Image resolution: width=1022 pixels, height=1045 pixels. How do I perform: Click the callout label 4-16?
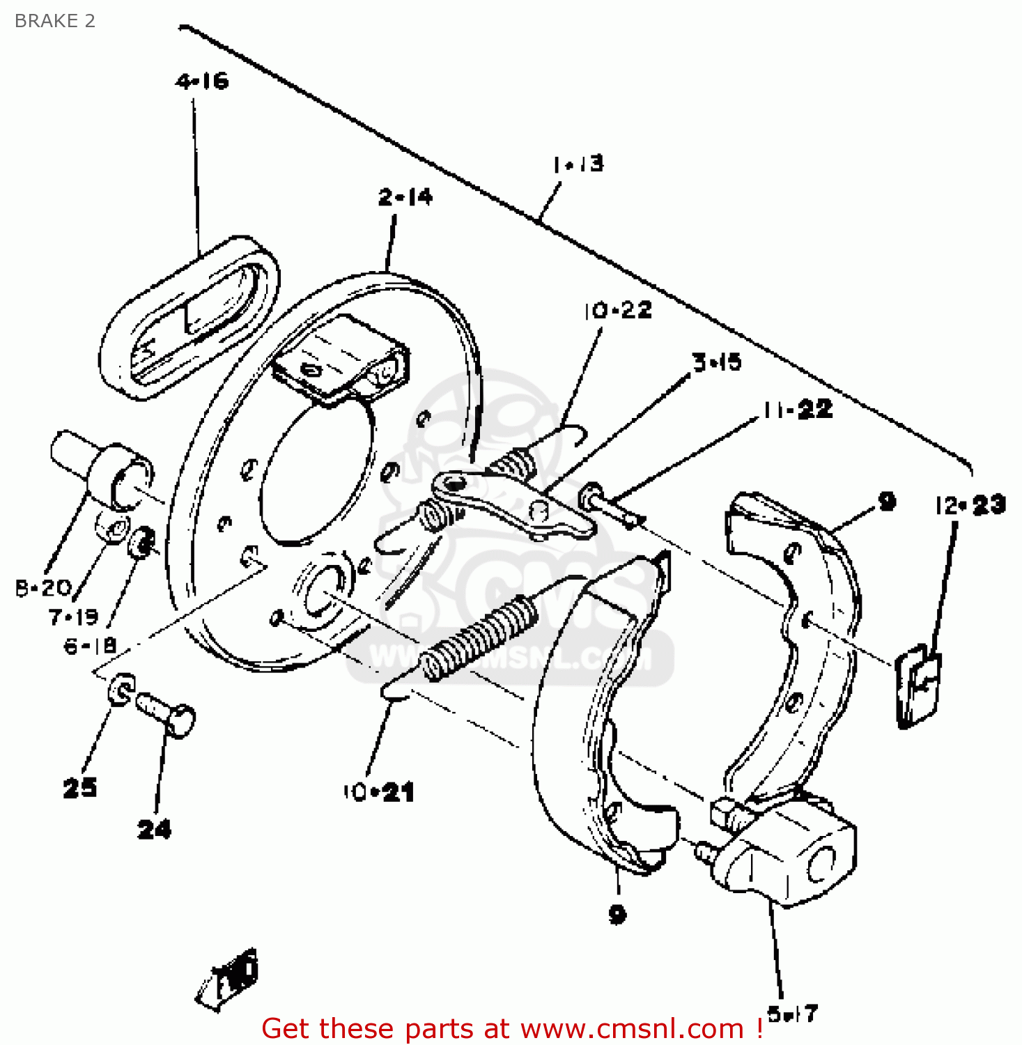pyautogui.click(x=202, y=82)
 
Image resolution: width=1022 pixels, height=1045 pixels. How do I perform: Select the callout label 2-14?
pyautogui.click(x=405, y=197)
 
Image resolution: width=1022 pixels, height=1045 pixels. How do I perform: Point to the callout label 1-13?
pyautogui.click(x=578, y=164)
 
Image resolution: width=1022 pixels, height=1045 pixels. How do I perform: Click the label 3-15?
pyautogui.click(x=716, y=362)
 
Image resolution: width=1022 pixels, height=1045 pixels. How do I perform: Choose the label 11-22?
pyautogui.click(x=797, y=409)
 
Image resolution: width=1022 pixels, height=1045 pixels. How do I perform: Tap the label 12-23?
pyautogui.click(x=970, y=505)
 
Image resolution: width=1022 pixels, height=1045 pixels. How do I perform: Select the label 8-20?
pyautogui.click(x=43, y=589)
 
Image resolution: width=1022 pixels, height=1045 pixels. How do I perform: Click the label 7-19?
pyautogui.click(x=73, y=617)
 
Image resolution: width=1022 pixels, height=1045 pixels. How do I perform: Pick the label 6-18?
pyautogui.click(x=90, y=646)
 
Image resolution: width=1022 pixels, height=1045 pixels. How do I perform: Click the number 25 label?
pyautogui.click(x=79, y=788)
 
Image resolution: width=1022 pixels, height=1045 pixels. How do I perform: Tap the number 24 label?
pyautogui.click(x=154, y=829)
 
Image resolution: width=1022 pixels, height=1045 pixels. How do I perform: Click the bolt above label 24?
pyautogui.click(x=167, y=713)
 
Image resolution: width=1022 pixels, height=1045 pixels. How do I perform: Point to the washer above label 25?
pyautogui.click(x=121, y=688)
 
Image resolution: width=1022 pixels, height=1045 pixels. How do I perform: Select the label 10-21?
pyautogui.click(x=378, y=792)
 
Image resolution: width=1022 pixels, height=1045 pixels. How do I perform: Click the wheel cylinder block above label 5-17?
pyautogui.click(x=787, y=853)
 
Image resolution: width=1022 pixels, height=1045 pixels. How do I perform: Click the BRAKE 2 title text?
pyautogui.click(x=54, y=21)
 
